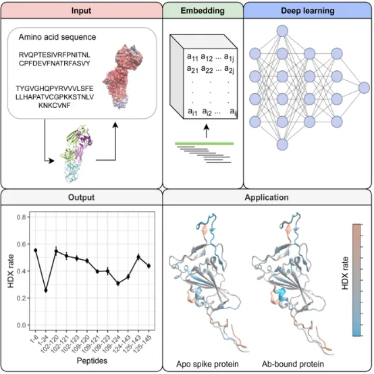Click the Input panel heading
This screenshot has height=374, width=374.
81,11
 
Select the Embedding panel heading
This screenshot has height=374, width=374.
203,11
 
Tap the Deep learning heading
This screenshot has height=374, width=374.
308,11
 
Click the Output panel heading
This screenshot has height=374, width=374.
81,197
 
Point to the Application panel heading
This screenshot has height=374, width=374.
267,197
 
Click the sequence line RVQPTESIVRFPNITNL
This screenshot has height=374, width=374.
55,55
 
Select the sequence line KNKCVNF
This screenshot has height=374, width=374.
55,105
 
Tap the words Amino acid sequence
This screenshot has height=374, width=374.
57,37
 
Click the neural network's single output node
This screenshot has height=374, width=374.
364,88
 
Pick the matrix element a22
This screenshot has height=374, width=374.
207,69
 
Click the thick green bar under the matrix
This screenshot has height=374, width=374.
204,144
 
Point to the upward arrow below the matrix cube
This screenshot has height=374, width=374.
207,131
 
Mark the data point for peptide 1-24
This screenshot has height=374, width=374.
46,290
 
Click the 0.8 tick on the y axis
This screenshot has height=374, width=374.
22,217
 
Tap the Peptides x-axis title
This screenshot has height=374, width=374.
92,360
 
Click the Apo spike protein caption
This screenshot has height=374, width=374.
207,365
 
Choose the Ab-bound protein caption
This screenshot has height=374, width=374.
293,365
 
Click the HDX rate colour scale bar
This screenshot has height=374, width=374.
356,279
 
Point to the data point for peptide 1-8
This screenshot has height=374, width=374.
36,250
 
